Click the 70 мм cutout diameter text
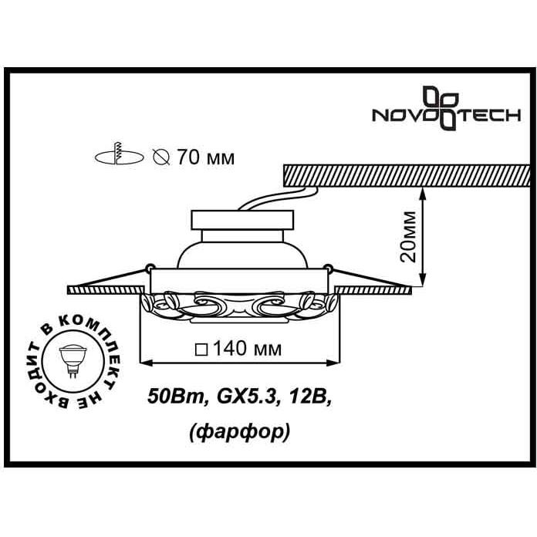tap(206, 158)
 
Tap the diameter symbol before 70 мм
tap(161, 157)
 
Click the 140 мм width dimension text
tap(247, 349)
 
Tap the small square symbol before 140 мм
tap(201, 350)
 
